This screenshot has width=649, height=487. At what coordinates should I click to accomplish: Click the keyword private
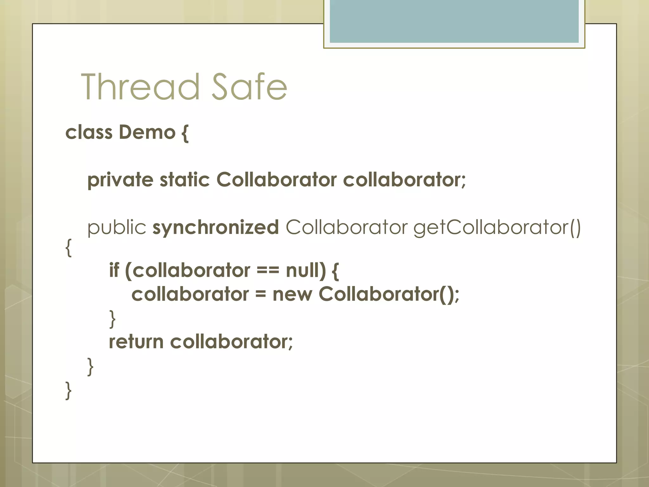(120, 180)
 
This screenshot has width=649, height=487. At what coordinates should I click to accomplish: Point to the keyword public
(117, 228)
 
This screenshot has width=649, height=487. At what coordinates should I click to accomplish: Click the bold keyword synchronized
(215, 228)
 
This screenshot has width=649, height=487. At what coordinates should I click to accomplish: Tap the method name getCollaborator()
(497, 228)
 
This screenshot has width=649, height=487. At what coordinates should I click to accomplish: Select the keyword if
(114, 270)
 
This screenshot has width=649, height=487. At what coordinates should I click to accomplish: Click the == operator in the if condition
(268, 270)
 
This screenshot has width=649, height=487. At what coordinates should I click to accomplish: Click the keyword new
(292, 294)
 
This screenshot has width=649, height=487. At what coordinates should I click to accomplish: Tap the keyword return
(136, 342)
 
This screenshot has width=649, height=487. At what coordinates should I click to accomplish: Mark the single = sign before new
(260, 295)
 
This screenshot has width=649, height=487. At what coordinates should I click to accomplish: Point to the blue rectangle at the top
(454, 21)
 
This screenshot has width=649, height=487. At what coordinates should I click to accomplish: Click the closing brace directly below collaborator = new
(112, 319)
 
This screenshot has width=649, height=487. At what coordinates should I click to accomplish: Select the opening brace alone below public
(68, 248)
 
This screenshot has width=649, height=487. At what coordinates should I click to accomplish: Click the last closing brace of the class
(68, 390)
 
